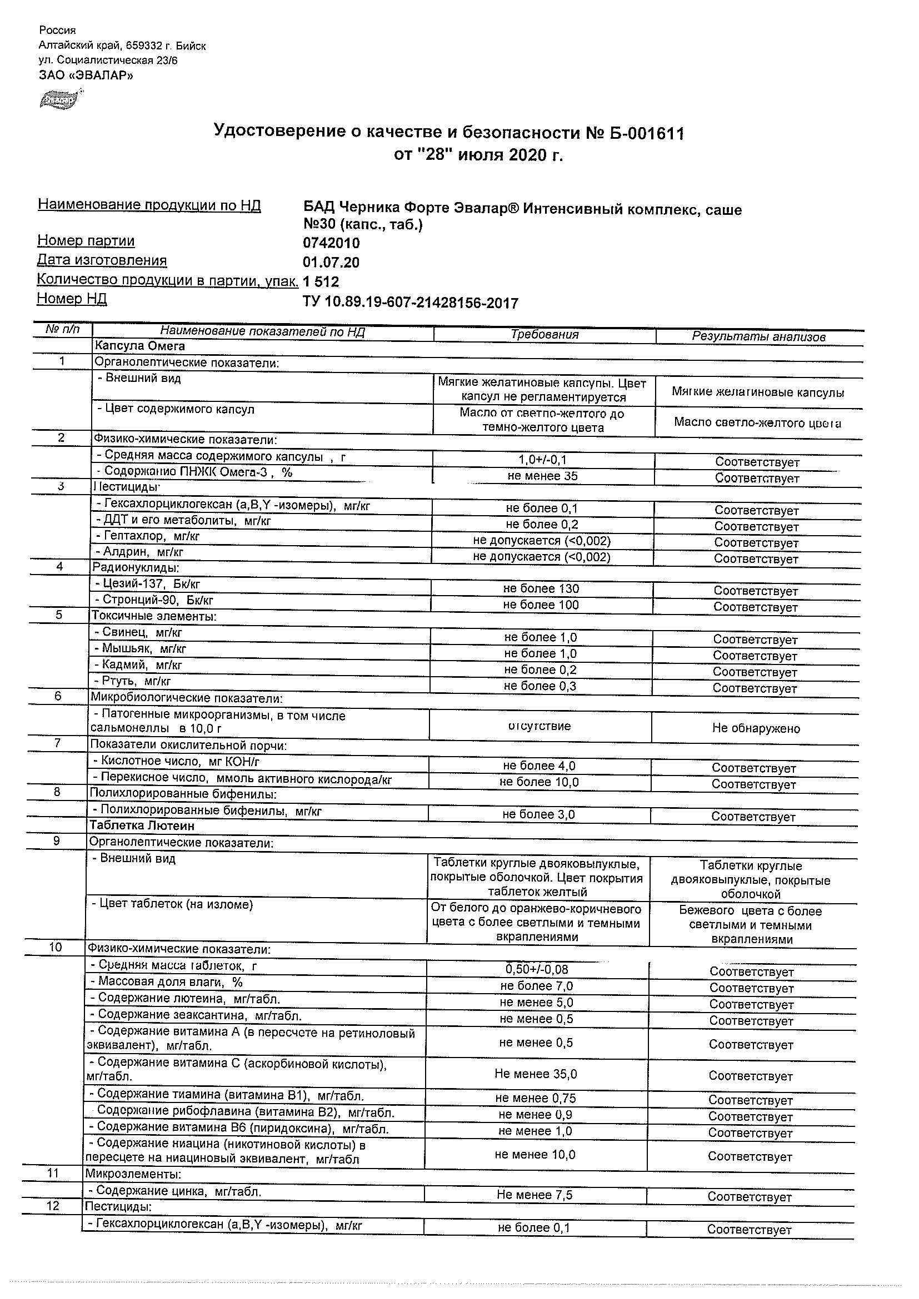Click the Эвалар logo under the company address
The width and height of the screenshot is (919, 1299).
click(x=58, y=100)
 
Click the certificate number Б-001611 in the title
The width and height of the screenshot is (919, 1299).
click(x=645, y=134)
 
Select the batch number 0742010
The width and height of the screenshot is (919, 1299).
click(x=331, y=243)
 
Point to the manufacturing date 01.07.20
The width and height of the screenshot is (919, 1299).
click(x=331, y=263)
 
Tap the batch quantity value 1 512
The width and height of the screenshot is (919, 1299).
click(x=321, y=282)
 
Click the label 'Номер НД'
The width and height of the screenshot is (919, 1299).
click(x=72, y=299)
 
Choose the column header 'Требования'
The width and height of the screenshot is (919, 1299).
click(x=544, y=334)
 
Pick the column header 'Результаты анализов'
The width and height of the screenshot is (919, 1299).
click(x=758, y=336)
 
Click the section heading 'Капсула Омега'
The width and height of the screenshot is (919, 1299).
click(x=140, y=346)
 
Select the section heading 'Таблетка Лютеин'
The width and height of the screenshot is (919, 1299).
click(x=142, y=825)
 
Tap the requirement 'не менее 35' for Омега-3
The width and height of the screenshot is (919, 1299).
click(x=542, y=476)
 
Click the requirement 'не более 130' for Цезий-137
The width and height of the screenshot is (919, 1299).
click(x=541, y=588)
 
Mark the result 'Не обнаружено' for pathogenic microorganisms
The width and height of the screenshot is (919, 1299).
click(x=756, y=729)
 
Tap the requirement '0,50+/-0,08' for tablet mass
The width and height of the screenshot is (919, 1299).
click(x=537, y=969)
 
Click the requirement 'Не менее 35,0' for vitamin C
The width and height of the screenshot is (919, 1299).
click(x=536, y=1074)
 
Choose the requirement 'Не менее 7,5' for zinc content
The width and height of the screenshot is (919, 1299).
click(x=535, y=1195)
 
